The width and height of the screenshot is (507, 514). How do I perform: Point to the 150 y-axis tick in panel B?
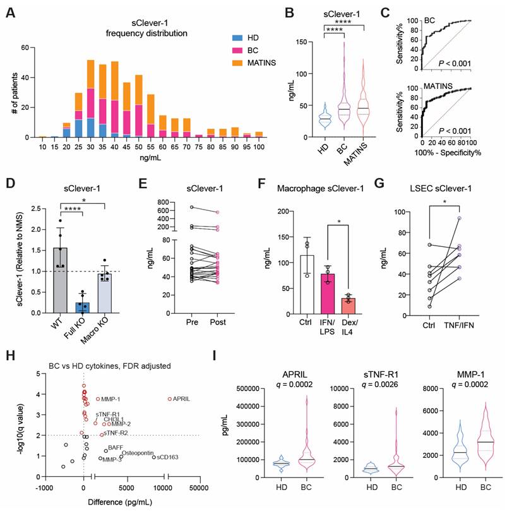302,42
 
